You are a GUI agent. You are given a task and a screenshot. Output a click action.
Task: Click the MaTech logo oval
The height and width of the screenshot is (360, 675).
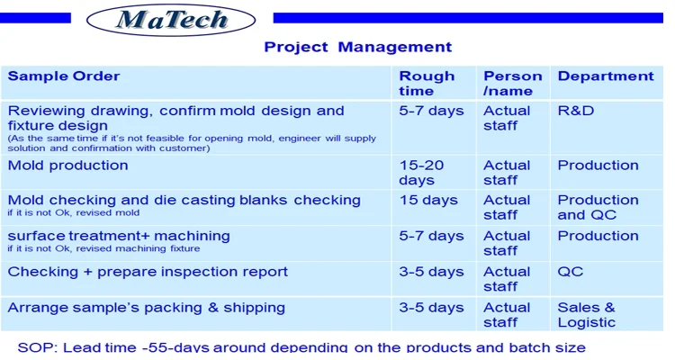point(171,20)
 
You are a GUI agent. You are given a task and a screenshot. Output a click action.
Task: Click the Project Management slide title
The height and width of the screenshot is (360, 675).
point(357,47)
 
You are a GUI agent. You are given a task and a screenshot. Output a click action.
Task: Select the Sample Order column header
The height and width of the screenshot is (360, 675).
point(64,76)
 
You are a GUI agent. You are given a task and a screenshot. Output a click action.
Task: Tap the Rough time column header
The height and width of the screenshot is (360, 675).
point(427,83)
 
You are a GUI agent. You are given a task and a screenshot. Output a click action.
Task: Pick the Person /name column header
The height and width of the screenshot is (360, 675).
point(512,83)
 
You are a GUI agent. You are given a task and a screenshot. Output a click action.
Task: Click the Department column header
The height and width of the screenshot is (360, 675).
point(606,76)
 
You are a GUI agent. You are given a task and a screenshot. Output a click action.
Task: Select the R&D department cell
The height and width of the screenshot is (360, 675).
point(576,111)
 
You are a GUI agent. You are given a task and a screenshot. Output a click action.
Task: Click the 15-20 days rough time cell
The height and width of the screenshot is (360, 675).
point(421,172)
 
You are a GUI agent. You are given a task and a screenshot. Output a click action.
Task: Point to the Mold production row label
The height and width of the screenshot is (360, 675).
point(68,166)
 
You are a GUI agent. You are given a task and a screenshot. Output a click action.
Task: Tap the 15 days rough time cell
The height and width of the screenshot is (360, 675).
point(428,200)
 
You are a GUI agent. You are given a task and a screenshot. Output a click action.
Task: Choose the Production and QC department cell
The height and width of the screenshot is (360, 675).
point(598,207)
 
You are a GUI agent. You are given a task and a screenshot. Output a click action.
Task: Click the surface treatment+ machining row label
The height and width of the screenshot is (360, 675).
point(119,236)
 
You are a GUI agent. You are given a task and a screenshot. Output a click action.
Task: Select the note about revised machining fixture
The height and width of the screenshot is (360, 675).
point(103,248)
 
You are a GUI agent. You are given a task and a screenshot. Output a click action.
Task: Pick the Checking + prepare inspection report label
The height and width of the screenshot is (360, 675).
point(148,272)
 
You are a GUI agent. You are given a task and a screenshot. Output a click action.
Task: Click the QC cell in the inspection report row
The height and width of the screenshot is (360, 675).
point(571,272)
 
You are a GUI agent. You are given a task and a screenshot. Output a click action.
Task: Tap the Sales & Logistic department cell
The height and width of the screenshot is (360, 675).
point(586,315)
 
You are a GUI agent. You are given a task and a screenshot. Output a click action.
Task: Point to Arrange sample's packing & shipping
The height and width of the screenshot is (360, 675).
point(147,308)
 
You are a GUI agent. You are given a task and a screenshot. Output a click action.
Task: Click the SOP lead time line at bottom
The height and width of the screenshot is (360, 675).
point(301,347)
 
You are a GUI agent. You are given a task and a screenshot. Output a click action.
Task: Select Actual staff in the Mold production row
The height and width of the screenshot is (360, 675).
point(506,172)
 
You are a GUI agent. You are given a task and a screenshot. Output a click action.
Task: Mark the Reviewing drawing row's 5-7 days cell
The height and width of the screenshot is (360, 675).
point(431,111)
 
